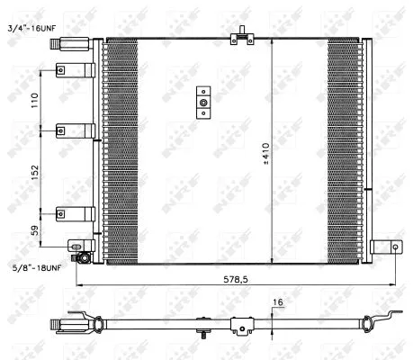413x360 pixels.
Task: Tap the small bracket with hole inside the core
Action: click(203, 103)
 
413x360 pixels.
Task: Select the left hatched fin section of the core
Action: click(123, 148)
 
